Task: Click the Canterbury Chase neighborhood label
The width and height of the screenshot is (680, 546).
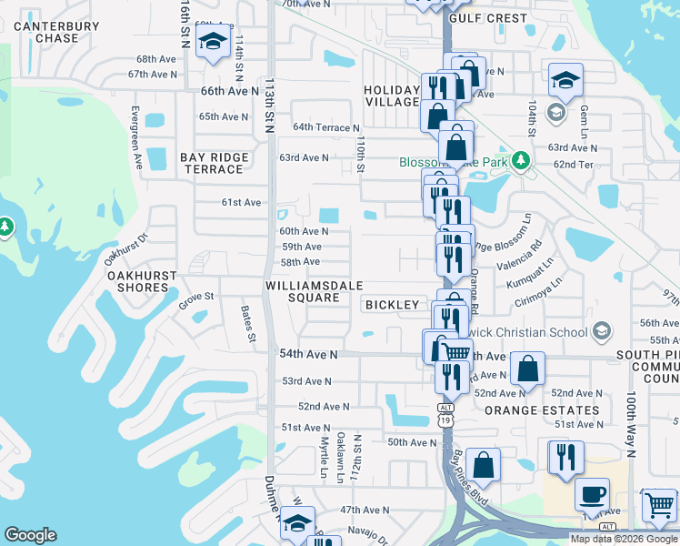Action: (55, 32)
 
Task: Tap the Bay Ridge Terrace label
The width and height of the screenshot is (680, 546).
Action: (214, 164)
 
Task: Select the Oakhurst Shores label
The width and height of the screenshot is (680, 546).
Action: (138, 280)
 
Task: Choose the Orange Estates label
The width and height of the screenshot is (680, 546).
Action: (543, 410)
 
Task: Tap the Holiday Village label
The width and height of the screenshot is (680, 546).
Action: (391, 96)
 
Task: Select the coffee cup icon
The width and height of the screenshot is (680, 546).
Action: (592, 493)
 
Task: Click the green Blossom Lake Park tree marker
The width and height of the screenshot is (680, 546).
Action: (520, 160)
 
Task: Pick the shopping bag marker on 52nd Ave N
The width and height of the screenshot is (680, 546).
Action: (527, 368)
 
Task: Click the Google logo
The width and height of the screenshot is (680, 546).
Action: (30, 535)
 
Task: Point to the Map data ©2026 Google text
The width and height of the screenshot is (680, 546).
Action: (623, 539)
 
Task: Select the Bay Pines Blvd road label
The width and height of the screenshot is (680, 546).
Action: (470, 479)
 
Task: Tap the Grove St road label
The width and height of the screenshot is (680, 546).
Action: (195, 297)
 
